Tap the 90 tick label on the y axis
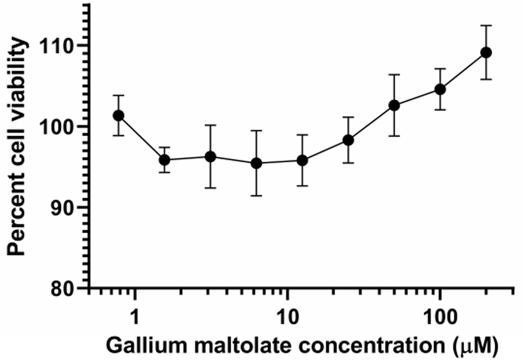point(63,207)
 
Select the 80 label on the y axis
point(63,289)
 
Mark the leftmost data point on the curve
point(119,115)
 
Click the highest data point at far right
point(486,53)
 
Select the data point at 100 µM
point(440,90)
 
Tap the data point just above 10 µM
point(302,161)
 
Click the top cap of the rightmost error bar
point(486,26)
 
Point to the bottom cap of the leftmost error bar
point(119,136)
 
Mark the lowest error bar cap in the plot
point(256,196)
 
